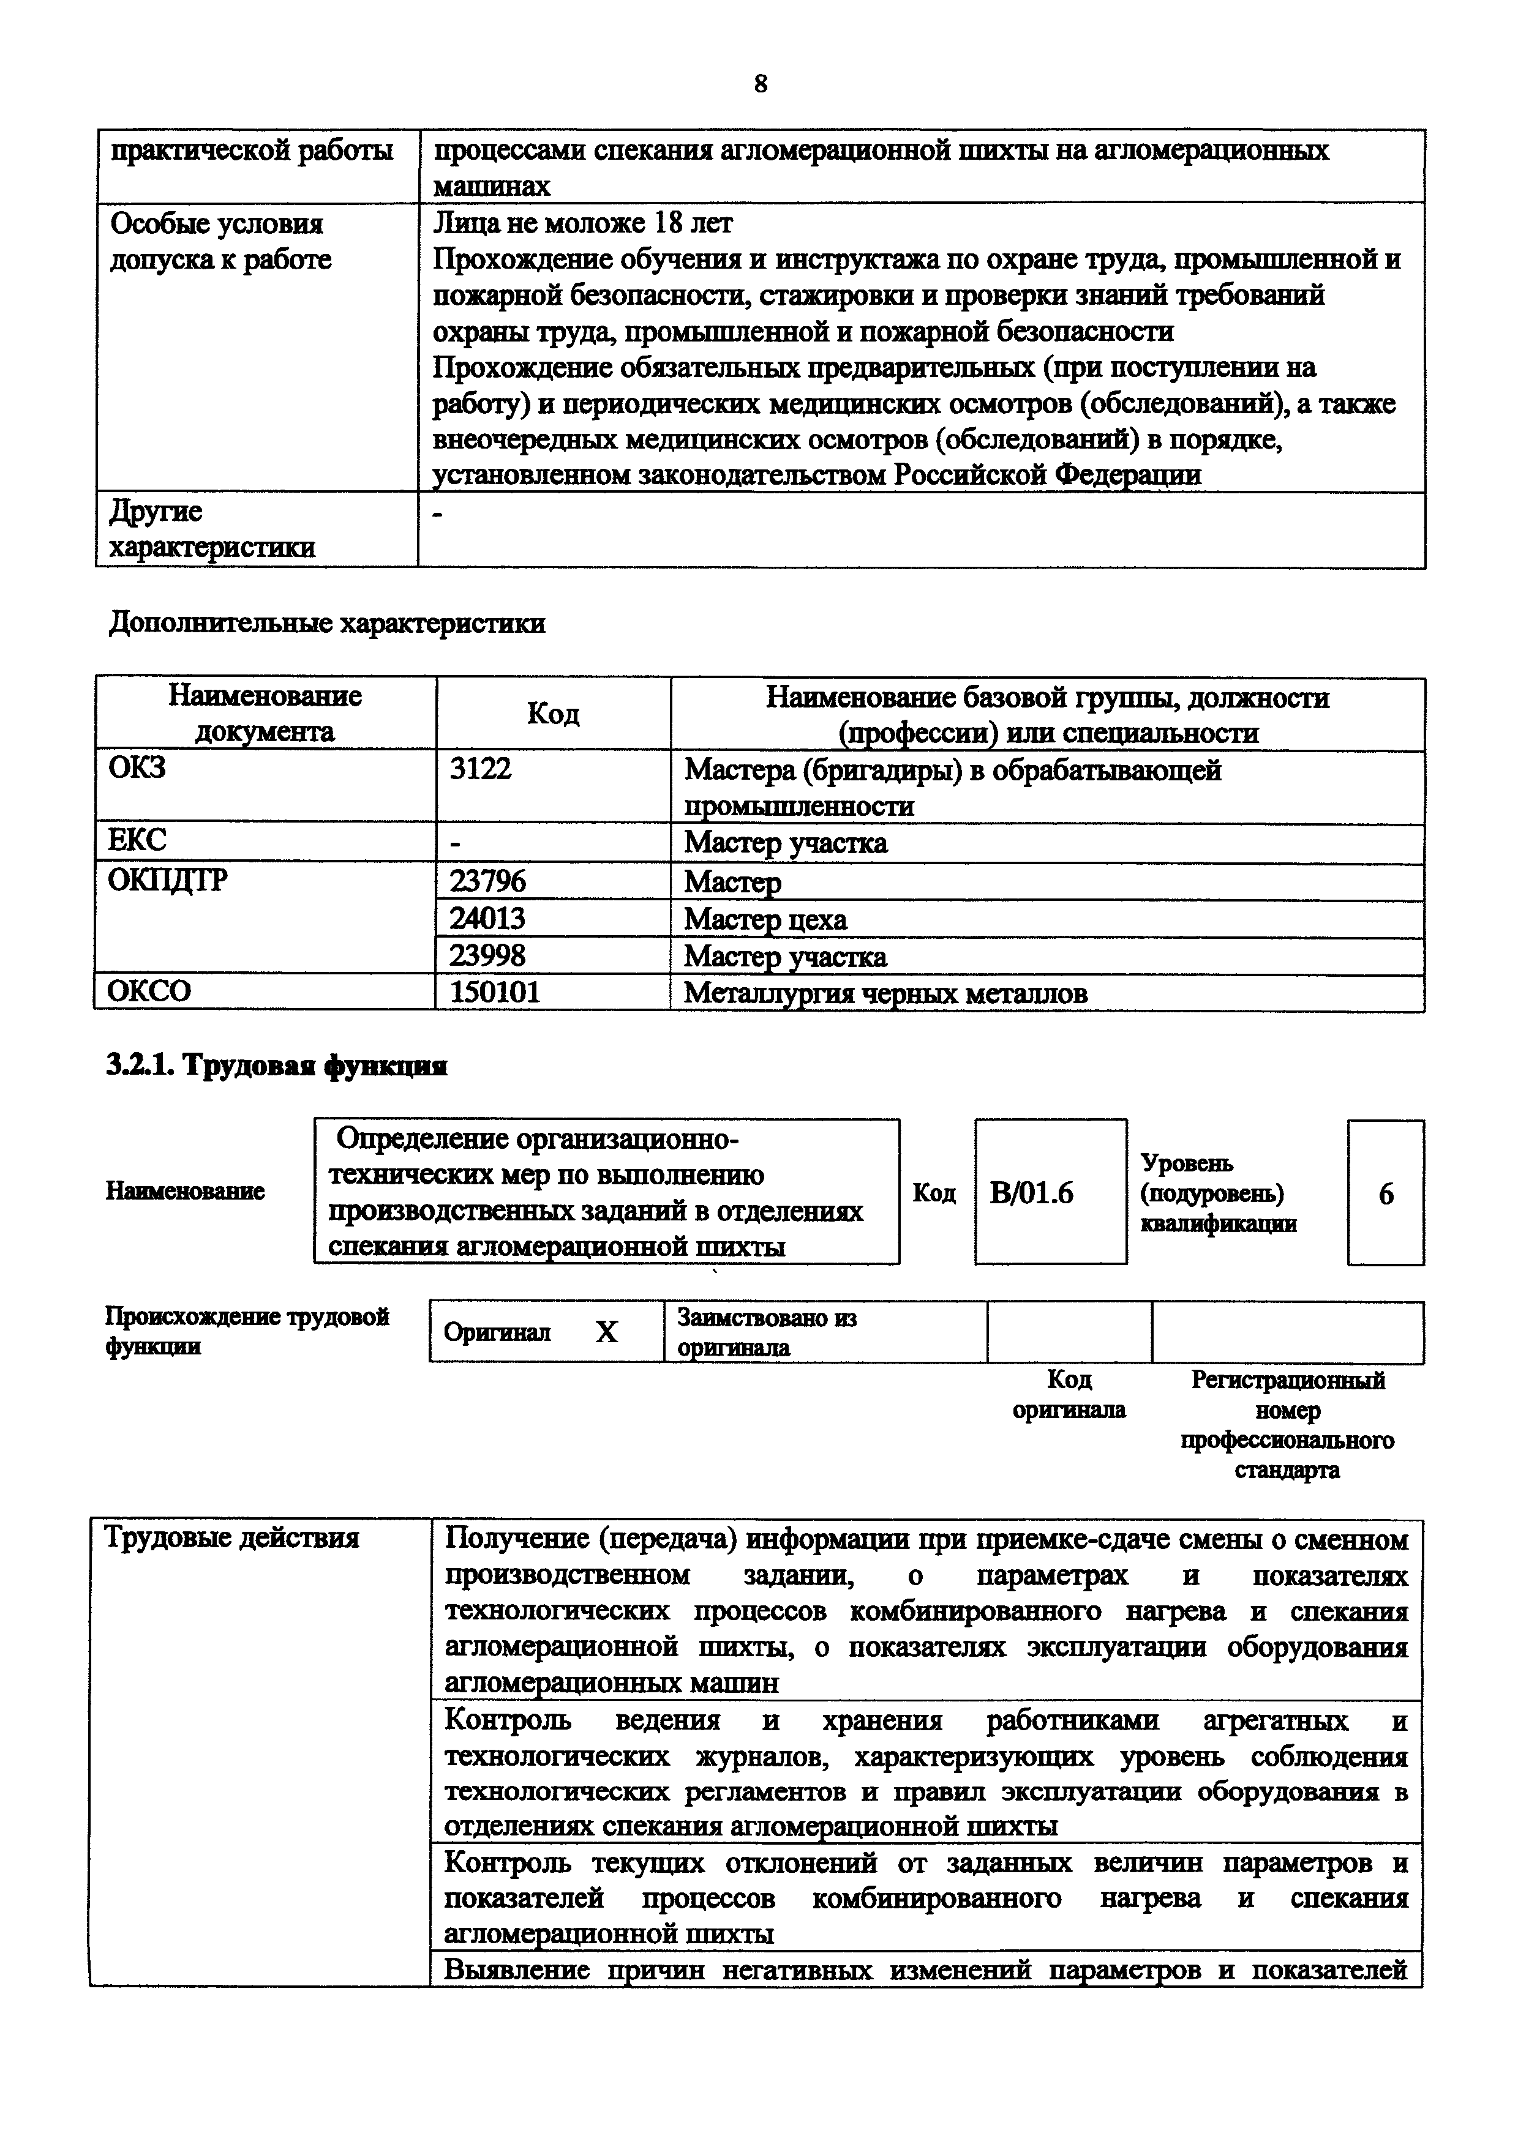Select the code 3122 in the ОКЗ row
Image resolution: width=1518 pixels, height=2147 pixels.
click(481, 769)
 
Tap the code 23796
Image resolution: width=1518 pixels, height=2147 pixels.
click(487, 881)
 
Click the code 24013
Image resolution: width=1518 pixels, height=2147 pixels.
click(487, 918)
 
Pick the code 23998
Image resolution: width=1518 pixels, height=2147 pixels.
click(487, 955)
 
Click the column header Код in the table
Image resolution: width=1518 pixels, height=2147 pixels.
click(553, 714)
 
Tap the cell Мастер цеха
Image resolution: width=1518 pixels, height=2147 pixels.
click(765, 919)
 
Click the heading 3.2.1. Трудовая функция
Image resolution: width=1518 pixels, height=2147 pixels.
click(277, 1065)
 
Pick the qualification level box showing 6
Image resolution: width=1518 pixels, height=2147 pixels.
click(1385, 1193)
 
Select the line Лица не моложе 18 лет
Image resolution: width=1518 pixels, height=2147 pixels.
click(583, 223)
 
